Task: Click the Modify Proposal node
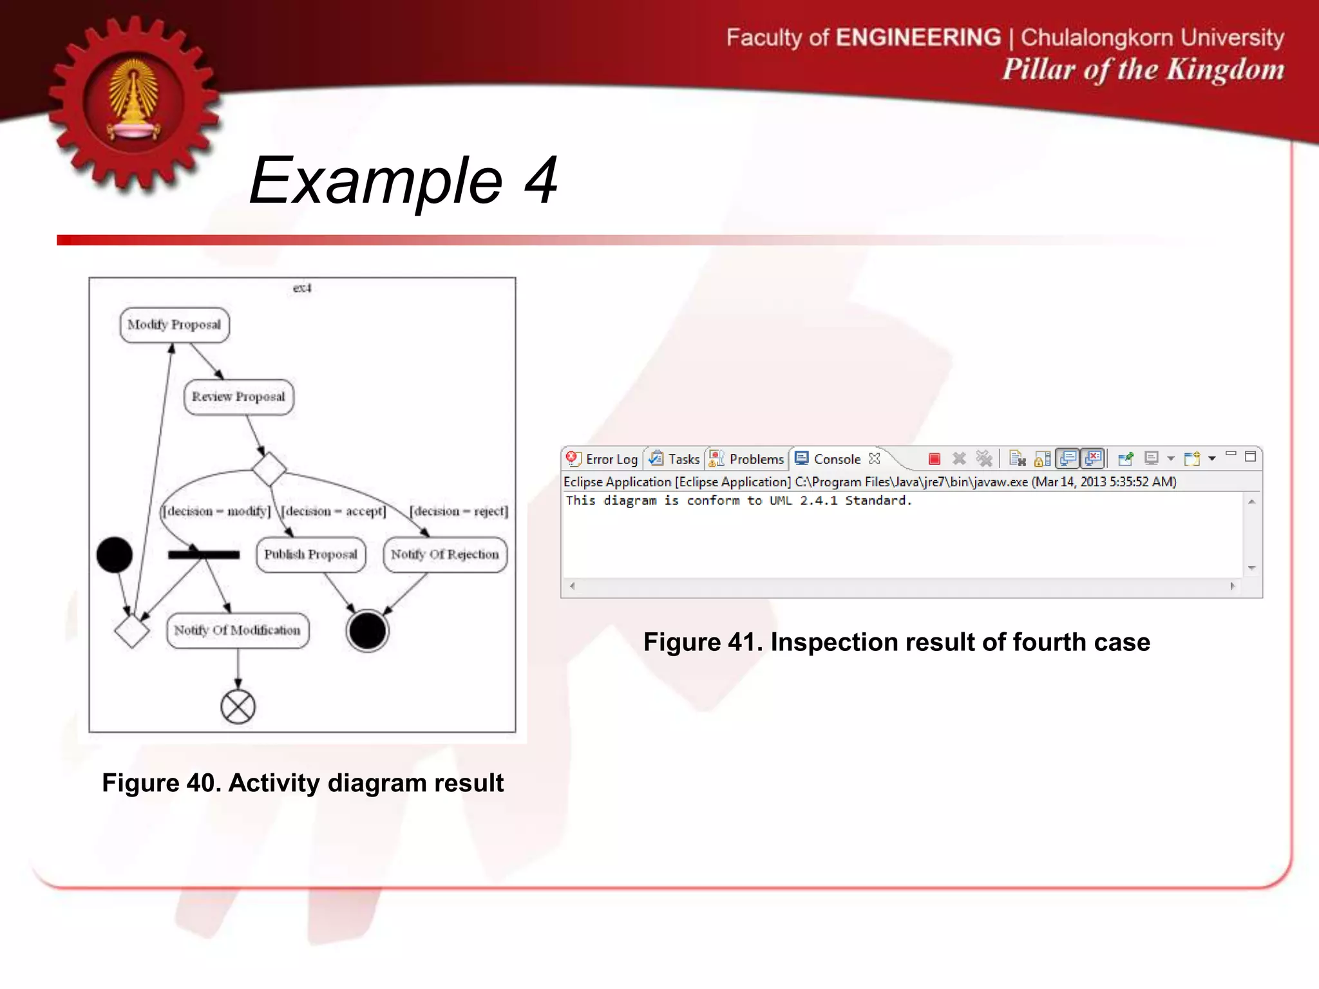coord(174,325)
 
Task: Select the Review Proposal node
coord(238,397)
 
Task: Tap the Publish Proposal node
coord(310,554)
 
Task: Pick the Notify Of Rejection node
coord(444,554)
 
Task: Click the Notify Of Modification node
coord(237,630)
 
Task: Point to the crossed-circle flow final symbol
coord(238,707)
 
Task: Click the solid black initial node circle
coord(115,554)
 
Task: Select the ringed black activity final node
coord(367,630)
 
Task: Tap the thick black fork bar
coord(204,554)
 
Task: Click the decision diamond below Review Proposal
coord(269,469)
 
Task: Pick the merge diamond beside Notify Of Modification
coord(132,630)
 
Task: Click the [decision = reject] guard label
coord(459,511)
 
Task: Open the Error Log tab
coord(603,459)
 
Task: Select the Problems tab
coord(747,459)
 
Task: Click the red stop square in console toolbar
coord(935,458)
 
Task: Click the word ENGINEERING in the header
coord(918,37)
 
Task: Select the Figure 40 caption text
coord(303,783)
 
